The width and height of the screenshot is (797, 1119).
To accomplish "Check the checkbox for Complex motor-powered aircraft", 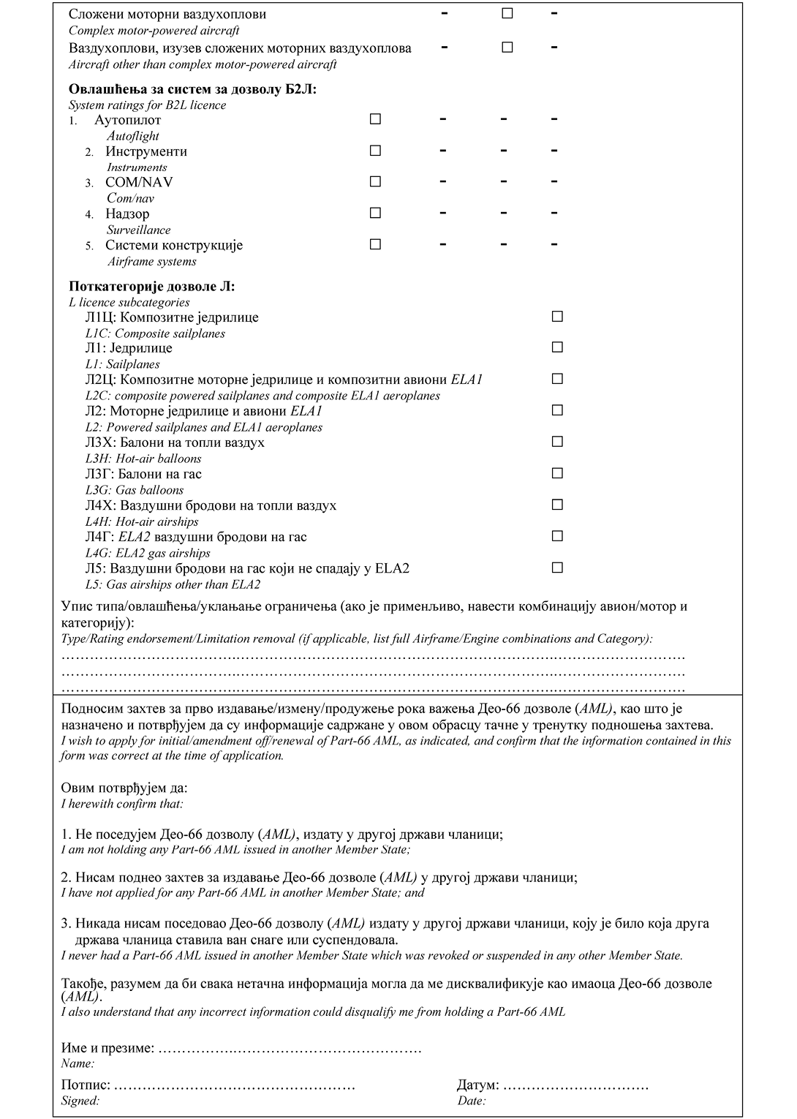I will pyautogui.click(x=507, y=14).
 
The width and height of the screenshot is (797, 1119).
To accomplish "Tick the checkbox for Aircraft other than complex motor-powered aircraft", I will pyautogui.click(x=507, y=48).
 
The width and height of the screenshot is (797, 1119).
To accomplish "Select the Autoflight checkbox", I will pyautogui.click(x=375, y=119).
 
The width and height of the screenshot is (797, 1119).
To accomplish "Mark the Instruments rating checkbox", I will pyautogui.click(x=375, y=151).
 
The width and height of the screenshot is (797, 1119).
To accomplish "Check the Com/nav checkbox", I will pyautogui.click(x=375, y=181).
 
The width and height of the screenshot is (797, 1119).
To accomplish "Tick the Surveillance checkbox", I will pyautogui.click(x=375, y=213).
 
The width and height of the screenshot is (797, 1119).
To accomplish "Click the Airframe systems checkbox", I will pyautogui.click(x=375, y=244).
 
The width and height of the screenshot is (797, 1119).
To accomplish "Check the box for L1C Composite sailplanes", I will pyautogui.click(x=557, y=317).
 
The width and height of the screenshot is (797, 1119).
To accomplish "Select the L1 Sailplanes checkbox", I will pyautogui.click(x=557, y=347).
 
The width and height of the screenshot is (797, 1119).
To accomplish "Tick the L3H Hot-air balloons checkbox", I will pyautogui.click(x=557, y=442).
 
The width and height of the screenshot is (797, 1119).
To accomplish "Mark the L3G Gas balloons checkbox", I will pyautogui.click(x=557, y=473).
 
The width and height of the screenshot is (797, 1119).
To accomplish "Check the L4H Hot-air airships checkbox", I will pyautogui.click(x=557, y=505).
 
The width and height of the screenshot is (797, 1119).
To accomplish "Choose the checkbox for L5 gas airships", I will pyautogui.click(x=557, y=568).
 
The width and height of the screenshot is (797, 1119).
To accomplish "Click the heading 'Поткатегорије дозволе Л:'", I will pyautogui.click(x=152, y=287).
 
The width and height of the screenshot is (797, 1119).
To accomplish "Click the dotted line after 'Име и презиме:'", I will pyautogui.click(x=290, y=1049).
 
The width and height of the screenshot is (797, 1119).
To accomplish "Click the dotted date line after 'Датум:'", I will pyautogui.click(x=575, y=1085).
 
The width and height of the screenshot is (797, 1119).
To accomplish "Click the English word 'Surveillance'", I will pyautogui.click(x=139, y=230).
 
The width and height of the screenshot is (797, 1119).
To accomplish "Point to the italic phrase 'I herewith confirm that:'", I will pyautogui.click(x=122, y=804).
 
